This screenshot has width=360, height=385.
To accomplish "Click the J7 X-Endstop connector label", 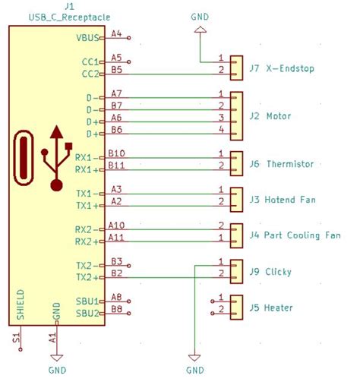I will click(x=281, y=69).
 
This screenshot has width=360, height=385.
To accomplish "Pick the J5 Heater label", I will click(x=272, y=308).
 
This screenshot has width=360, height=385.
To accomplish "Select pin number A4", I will click(x=116, y=33).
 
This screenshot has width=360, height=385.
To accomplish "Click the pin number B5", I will click(x=116, y=69).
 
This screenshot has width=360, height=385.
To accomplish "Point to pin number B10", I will click(x=117, y=153).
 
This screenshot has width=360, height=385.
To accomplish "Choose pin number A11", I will click(x=117, y=237).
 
